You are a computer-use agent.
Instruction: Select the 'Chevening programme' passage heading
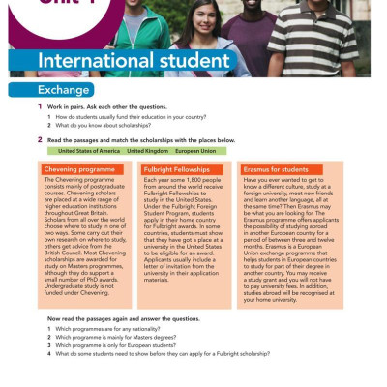pos(86,169)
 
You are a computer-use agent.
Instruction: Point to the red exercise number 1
pos(40,106)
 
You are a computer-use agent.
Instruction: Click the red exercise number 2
pos(40,140)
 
